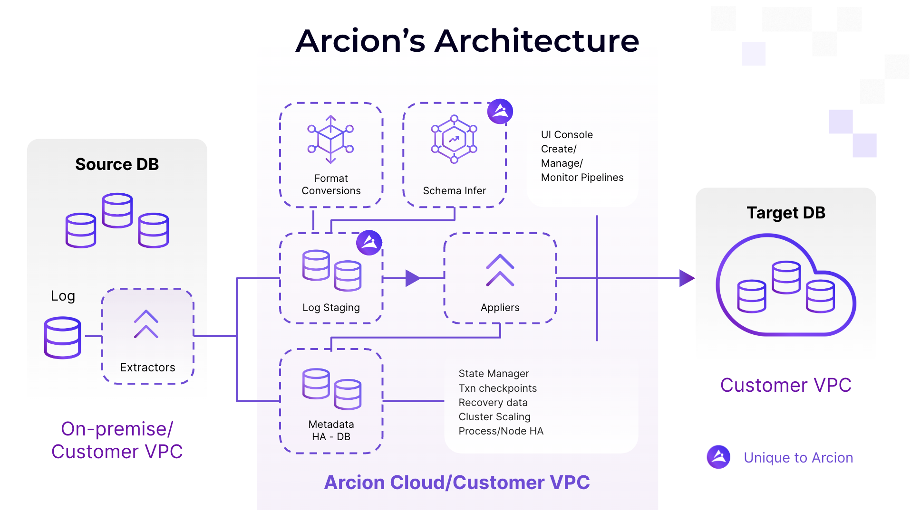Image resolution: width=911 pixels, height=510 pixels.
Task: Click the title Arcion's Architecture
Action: tap(467, 41)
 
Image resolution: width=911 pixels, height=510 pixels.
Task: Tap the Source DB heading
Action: tap(117, 164)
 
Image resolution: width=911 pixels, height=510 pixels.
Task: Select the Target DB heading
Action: tap(785, 213)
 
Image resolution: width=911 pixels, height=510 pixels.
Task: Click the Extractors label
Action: tap(147, 368)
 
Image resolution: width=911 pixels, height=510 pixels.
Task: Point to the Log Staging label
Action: tap(331, 308)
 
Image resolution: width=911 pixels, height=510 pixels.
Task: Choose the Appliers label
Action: tap(500, 308)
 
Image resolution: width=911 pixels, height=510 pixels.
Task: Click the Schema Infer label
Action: tap(454, 191)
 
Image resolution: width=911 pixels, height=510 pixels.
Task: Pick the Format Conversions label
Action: tap(331, 185)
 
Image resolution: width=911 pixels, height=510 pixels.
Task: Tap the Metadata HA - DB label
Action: tap(331, 431)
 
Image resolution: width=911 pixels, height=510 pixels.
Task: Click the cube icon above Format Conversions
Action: tap(330, 139)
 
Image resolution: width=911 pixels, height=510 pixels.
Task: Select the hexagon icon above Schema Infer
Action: tap(454, 139)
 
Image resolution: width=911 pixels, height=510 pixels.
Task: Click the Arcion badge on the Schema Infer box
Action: tap(500, 112)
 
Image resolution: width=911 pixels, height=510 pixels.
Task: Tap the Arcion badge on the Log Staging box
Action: tap(369, 243)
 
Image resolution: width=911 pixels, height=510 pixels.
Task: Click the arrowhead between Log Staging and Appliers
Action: tap(412, 278)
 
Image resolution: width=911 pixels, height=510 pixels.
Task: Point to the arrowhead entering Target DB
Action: tap(687, 278)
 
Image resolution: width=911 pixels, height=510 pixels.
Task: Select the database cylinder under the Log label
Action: tap(62, 338)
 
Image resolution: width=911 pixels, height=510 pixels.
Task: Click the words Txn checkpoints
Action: tap(497, 388)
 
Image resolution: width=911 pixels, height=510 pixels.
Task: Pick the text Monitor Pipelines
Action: tap(582, 178)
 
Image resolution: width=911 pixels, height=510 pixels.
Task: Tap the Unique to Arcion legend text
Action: tap(798, 458)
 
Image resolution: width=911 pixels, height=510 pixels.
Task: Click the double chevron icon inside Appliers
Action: tap(500, 270)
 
